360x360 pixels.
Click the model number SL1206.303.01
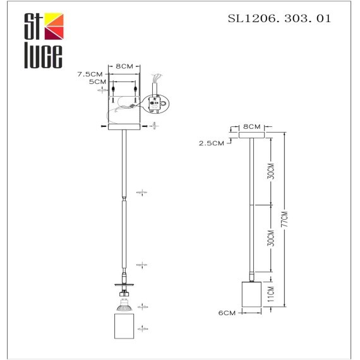pyautogui.click(x=279, y=18)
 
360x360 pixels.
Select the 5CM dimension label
pyautogui.click(x=96, y=82)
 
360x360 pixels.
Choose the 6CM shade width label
pyautogui.click(x=227, y=313)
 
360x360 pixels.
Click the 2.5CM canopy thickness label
pyautogui.click(x=211, y=143)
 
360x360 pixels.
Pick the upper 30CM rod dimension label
pyautogui.click(x=270, y=171)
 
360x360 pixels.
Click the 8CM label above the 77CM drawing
pyautogui.click(x=251, y=127)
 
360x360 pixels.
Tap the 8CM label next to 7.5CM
pyautogui.click(x=124, y=66)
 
